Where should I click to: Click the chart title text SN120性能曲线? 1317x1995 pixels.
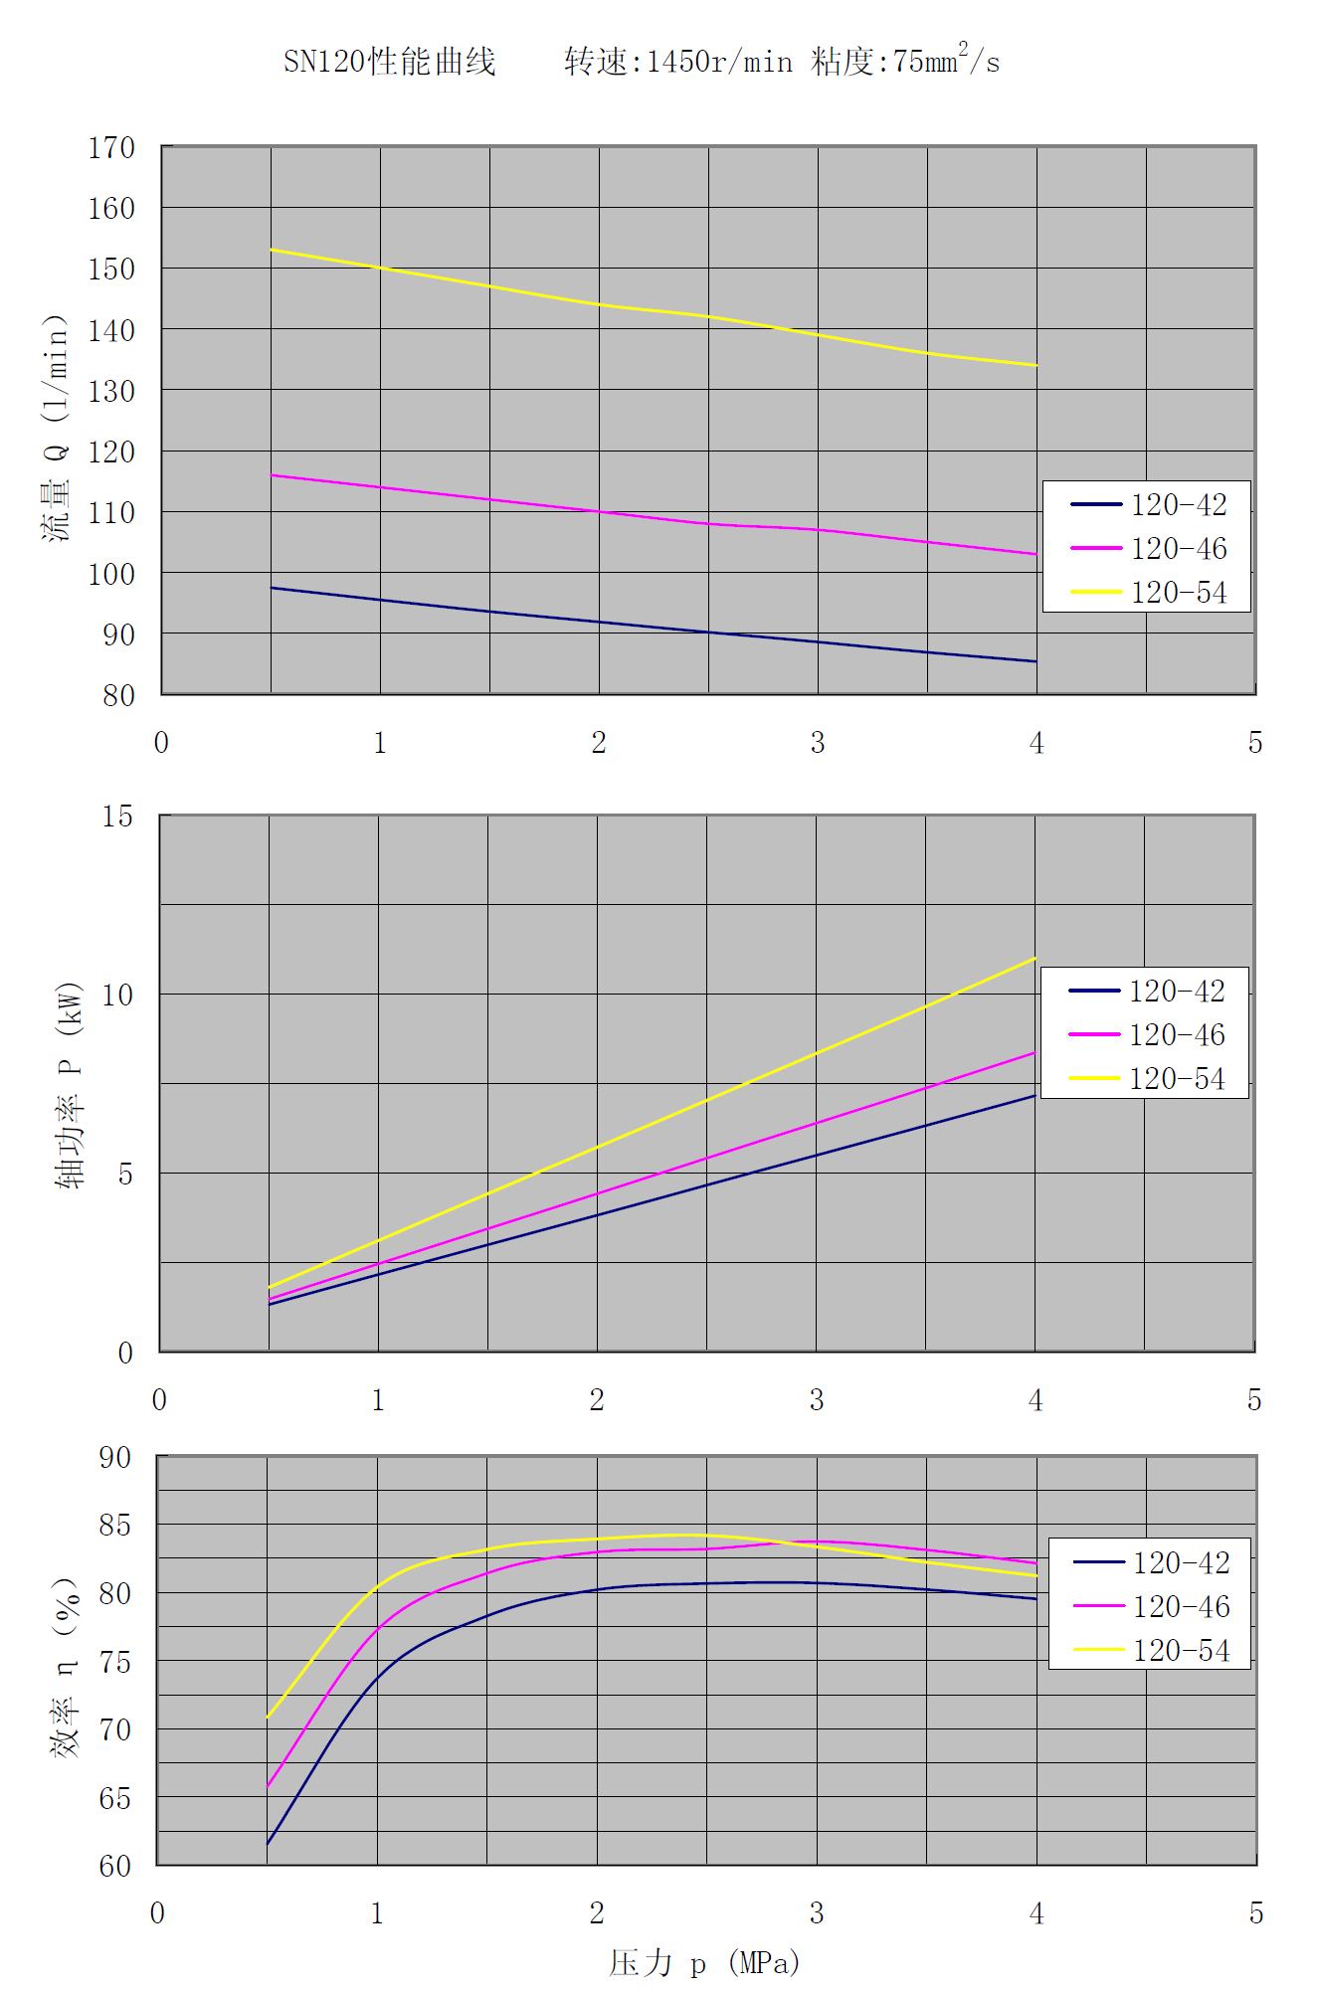[x=389, y=62]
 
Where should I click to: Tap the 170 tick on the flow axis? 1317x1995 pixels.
[x=111, y=148]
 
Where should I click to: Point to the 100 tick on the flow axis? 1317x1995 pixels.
[x=111, y=574]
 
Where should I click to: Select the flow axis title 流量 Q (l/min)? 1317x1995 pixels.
[x=57, y=428]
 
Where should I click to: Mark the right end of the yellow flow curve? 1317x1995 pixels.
[x=1035, y=365]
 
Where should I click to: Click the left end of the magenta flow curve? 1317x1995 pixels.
[x=272, y=475]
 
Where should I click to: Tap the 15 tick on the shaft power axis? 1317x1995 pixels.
[x=117, y=816]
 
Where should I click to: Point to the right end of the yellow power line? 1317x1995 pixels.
[x=1035, y=959]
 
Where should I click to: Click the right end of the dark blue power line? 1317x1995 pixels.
[x=1035, y=1096]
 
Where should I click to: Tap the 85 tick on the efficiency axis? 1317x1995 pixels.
[x=114, y=1525]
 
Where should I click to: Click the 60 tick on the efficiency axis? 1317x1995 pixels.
[x=114, y=1866]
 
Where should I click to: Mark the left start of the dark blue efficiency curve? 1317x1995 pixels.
[x=268, y=1845]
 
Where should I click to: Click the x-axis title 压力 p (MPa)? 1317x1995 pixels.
[x=704, y=1963]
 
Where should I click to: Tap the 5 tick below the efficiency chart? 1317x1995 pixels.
[x=1256, y=1913]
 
